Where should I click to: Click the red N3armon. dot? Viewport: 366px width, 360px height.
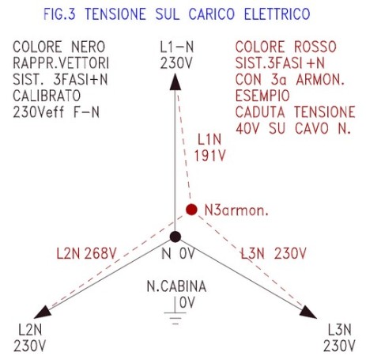191,210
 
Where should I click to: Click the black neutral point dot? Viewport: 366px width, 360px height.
175,237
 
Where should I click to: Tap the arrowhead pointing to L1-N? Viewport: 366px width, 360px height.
175,82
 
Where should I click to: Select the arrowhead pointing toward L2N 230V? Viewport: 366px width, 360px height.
42,312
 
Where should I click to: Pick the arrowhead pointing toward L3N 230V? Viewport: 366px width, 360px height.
308,313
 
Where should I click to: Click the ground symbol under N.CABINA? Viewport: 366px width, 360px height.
175,311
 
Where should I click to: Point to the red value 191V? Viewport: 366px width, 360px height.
210,156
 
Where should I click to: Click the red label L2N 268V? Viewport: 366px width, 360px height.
86,254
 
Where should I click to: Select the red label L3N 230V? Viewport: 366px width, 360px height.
274,254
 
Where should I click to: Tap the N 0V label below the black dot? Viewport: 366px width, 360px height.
178,254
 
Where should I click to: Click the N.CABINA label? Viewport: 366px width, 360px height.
176,286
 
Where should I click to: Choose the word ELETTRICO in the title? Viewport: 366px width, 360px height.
277,14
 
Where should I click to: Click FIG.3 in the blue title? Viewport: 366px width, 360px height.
59,14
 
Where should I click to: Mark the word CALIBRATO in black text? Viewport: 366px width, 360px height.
47,96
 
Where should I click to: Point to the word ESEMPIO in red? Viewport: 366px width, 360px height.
262,96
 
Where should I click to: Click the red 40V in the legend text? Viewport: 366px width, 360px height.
247,129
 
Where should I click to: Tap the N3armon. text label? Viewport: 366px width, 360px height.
236,210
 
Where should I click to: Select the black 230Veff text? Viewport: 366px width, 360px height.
39,112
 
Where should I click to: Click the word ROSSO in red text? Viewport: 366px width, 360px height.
315,47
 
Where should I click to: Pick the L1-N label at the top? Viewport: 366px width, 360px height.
177,47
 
